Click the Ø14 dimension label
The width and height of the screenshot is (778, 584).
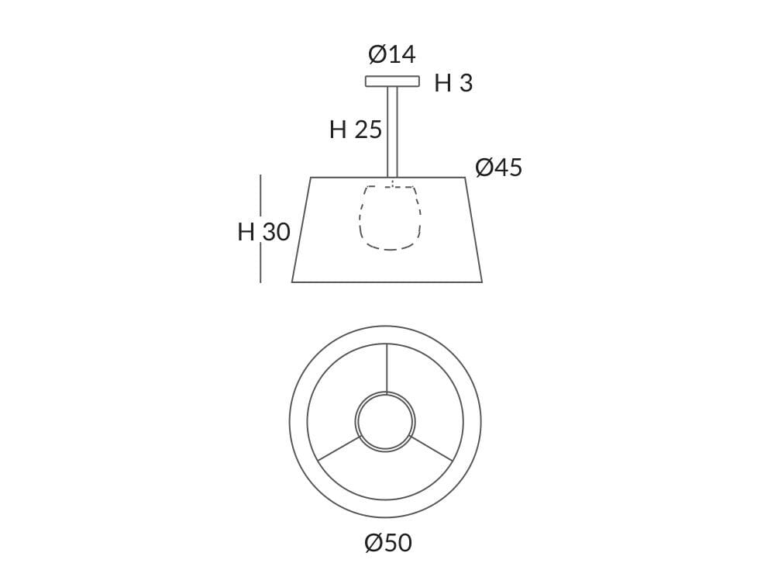click(392, 55)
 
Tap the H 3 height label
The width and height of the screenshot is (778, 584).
click(453, 84)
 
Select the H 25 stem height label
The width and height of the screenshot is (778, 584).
click(356, 130)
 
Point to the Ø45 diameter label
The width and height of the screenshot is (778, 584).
click(498, 168)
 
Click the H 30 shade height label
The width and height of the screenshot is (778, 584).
click(263, 231)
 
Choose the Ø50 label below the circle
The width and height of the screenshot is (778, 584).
click(388, 543)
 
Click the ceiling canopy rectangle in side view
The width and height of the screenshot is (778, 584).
click(392, 81)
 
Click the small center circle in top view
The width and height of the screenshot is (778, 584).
click(385, 422)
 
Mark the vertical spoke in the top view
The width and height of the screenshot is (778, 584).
click(385, 368)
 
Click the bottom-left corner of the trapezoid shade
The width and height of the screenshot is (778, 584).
click(293, 282)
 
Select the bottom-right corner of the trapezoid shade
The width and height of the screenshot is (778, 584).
click(481, 282)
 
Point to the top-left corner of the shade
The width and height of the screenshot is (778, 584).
click(312, 178)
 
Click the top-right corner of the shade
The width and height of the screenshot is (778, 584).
click(464, 178)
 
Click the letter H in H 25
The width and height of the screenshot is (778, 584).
click(338, 130)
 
